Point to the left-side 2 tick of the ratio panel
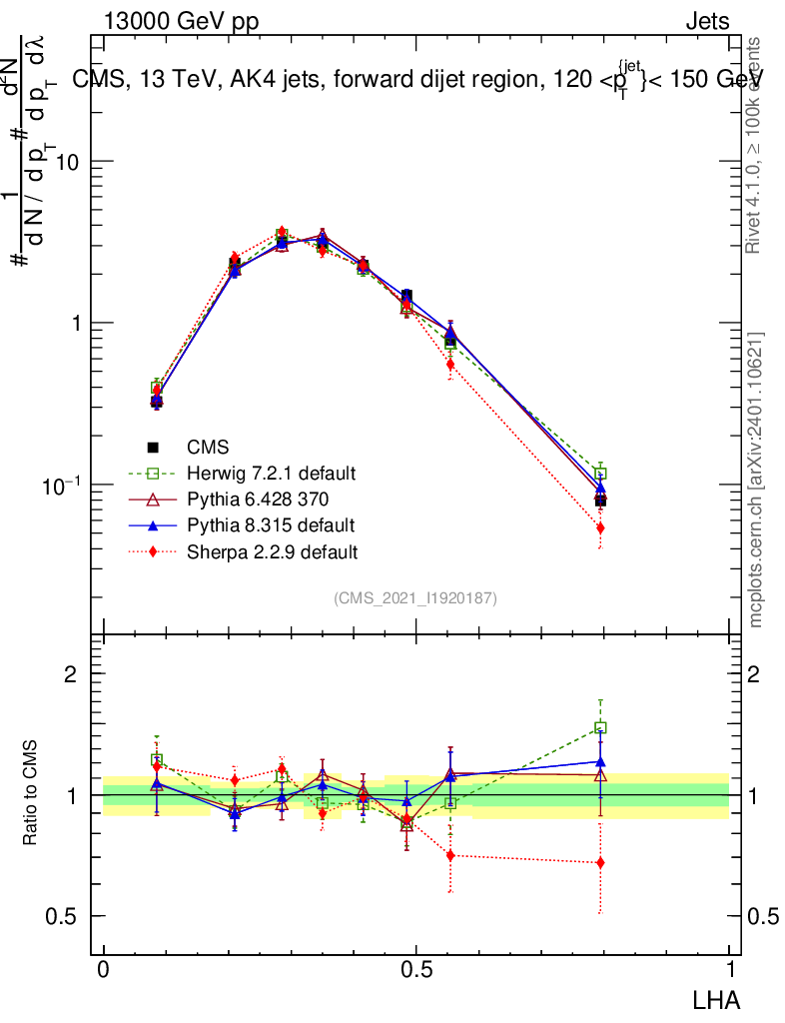click(x=71, y=674)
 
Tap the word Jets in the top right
click(x=707, y=22)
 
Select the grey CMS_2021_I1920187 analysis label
click(x=415, y=597)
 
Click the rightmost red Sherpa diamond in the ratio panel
click(x=600, y=862)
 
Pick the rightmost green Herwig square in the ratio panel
click(x=600, y=728)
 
